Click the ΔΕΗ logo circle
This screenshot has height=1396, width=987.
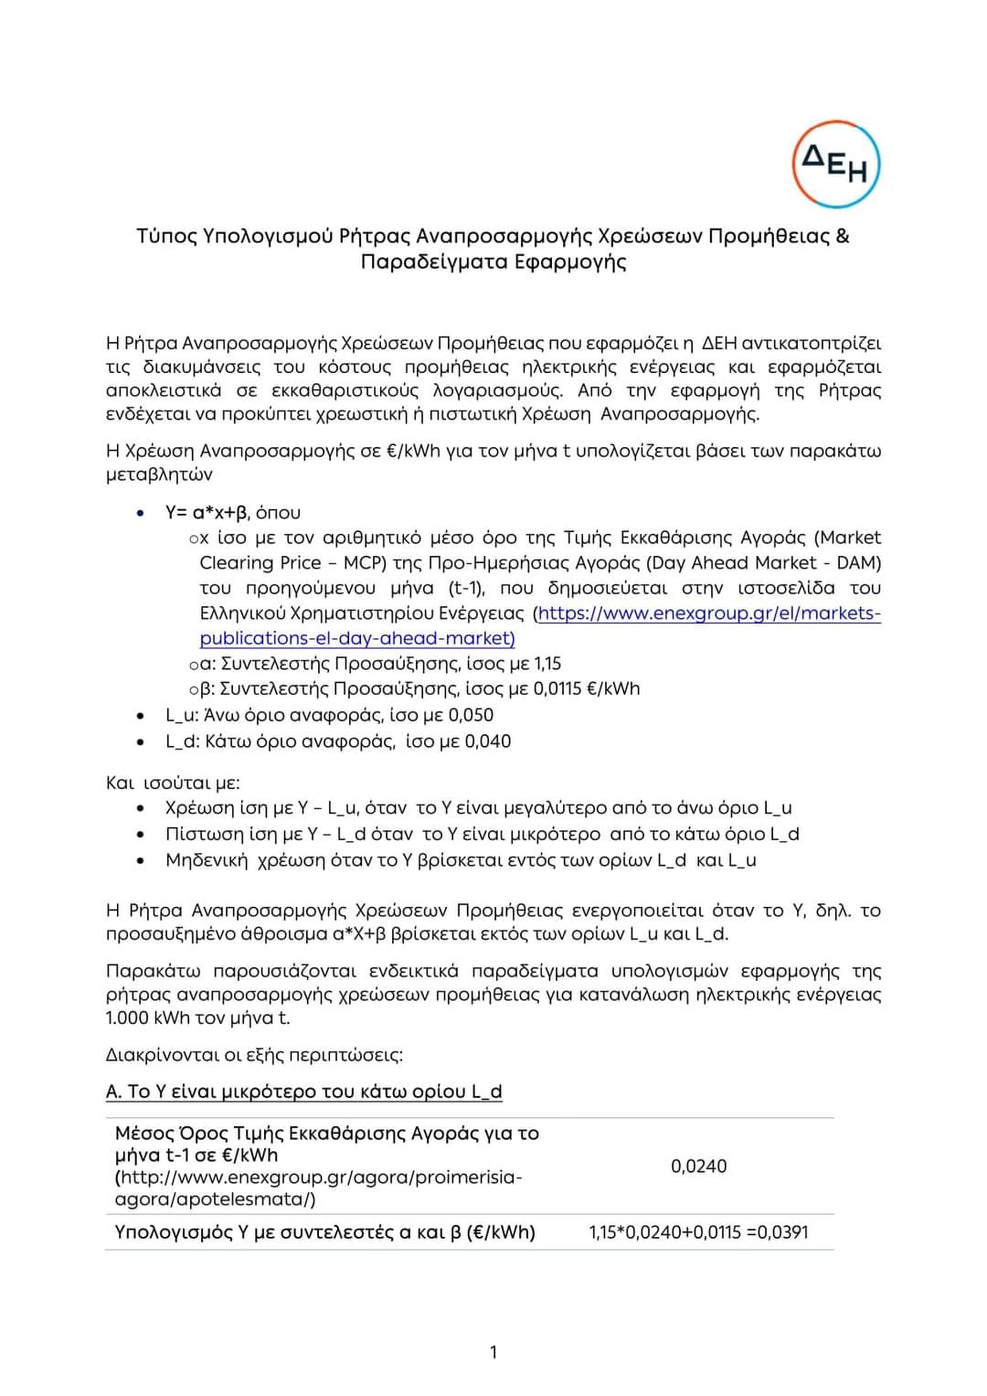pos(835,165)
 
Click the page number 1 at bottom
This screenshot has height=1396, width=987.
pos(493,1352)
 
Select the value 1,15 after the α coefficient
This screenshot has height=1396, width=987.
pos(547,664)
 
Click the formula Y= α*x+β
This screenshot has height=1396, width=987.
pos(207,512)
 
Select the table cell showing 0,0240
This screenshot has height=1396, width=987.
pos(698,1166)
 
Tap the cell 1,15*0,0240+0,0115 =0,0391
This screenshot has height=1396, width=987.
pos(698,1231)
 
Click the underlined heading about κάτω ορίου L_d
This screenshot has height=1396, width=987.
pos(304,1092)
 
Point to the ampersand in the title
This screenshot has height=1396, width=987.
pos(842,236)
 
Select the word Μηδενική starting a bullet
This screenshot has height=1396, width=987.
pos(206,860)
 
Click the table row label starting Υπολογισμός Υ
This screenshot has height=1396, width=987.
pos(324,1231)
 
